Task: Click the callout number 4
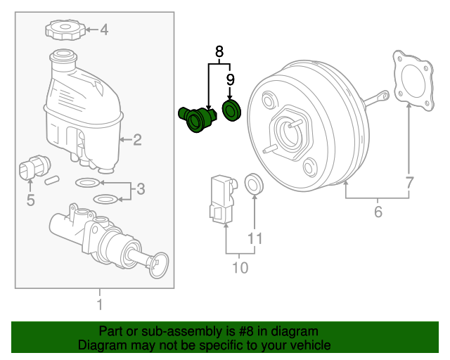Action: click(x=103, y=30)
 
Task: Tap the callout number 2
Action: click(x=137, y=140)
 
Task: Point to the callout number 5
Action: click(x=30, y=201)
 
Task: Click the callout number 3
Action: click(x=140, y=188)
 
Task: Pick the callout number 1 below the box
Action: click(x=99, y=304)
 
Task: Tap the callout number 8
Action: click(x=219, y=51)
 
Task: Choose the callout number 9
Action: click(x=230, y=79)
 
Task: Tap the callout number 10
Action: click(x=240, y=267)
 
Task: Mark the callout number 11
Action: click(x=255, y=238)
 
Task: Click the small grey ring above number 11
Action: click(x=253, y=185)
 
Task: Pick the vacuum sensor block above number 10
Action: click(x=221, y=200)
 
